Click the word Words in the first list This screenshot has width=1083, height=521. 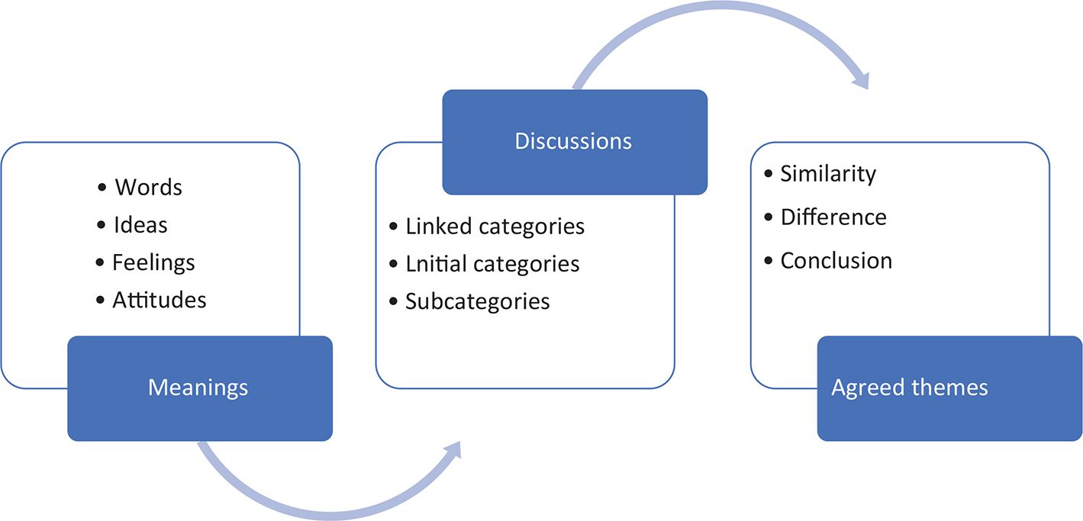(149, 187)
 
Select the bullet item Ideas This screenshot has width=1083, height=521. (140, 225)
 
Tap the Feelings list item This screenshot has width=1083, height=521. (153, 263)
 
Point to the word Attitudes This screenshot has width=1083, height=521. (160, 300)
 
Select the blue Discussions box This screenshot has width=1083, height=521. (574, 141)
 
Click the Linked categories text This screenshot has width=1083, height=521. (495, 227)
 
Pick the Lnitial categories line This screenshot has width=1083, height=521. (492, 264)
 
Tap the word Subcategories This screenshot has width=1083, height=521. (477, 301)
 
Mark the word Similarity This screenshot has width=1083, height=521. (828, 174)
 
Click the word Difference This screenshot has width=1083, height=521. (833, 217)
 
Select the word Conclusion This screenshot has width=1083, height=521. (836, 261)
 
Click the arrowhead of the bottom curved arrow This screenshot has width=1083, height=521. (454, 449)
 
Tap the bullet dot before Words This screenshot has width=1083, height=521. (103, 188)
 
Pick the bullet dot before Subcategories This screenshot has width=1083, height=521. (393, 302)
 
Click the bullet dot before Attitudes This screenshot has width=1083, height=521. (101, 301)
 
